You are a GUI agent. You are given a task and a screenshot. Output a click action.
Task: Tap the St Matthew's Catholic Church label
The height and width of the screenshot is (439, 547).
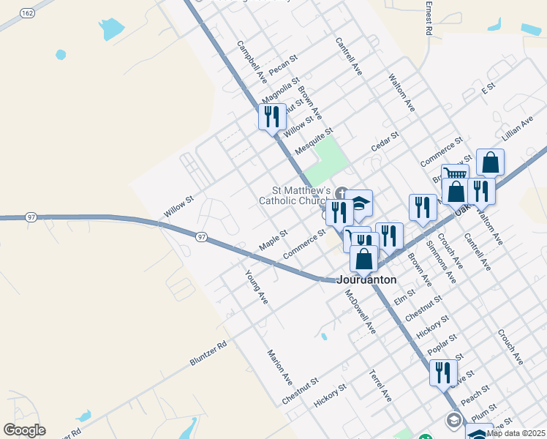click(292, 195)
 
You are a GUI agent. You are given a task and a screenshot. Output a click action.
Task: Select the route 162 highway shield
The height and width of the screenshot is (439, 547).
click(26, 13)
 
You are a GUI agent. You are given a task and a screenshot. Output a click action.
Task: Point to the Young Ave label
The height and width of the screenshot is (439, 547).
click(257, 287)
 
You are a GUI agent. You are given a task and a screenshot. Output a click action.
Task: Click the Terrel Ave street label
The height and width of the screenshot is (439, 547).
click(381, 386)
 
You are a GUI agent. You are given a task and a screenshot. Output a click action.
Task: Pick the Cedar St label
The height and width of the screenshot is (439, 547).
click(385, 140)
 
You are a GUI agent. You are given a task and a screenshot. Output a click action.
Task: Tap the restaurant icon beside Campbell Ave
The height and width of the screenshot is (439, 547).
click(272, 116)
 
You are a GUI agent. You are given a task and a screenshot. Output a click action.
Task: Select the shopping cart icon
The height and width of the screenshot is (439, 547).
click(455, 174)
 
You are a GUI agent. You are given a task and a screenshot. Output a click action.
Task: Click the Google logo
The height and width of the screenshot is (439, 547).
click(24, 429)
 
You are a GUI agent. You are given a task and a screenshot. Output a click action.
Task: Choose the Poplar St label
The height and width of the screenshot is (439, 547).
click(443, 343)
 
